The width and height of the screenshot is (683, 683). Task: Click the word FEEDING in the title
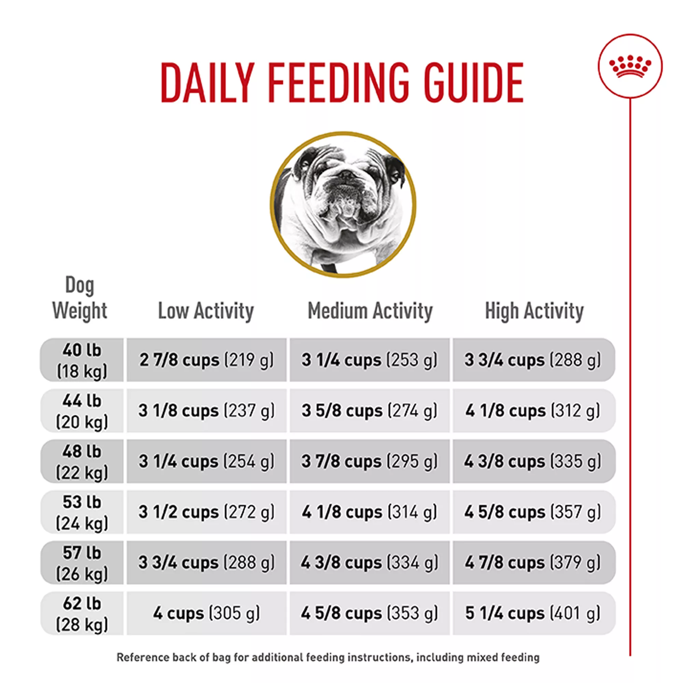coord(338,83)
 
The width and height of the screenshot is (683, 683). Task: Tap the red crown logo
coord(630,67)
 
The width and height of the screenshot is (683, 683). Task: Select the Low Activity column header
coord(206,311)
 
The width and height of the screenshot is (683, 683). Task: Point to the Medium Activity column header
coord(370,311)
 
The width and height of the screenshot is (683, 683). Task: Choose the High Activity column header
coord(534,311)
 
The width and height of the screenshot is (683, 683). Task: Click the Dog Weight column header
coord(80,298)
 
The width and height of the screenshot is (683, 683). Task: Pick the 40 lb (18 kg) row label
coord(82,360)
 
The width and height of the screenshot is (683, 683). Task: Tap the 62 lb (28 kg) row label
coord(82,613)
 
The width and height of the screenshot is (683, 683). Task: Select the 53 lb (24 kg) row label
coord(82,512)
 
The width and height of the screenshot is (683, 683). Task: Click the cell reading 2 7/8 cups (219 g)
coord(207,360)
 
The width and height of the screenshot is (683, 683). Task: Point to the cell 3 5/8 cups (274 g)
coord(370,411)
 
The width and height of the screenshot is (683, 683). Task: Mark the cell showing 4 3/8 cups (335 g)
coord(533,461)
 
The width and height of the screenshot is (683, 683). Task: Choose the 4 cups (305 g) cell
coord(207,613)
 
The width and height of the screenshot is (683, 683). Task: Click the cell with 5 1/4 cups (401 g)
coord(533,613)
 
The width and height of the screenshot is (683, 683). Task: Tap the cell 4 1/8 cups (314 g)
coord(370,512)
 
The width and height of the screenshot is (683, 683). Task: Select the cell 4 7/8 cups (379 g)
coord(533,562)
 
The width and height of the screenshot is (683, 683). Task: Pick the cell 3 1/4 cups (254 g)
coord(207,461)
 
